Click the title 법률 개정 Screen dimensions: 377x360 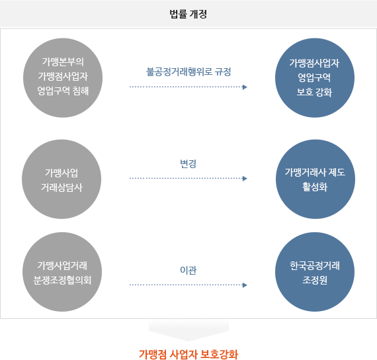click(188, 14)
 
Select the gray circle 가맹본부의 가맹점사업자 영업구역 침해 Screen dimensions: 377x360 click(63, 77)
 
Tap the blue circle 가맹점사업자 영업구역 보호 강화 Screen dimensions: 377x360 click(315, 77)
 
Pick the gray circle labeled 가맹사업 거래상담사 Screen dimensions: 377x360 click(62, 179)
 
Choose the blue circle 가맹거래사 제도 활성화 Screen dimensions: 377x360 click(315, 179)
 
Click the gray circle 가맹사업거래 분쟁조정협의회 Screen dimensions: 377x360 click(62, 272)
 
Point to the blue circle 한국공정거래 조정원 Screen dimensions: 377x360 click(315, 272)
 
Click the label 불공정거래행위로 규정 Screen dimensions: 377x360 click(188, 71)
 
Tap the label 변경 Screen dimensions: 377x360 click(188, 163)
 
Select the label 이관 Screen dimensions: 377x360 click(188, 270)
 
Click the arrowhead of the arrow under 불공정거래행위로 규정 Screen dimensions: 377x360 click(245, 87)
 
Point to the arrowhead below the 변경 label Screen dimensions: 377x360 click(245, 178)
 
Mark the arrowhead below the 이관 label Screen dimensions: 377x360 click(245, 285)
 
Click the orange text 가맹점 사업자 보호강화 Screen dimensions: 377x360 click(188, 354)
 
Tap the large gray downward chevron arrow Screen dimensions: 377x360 click(188, 330)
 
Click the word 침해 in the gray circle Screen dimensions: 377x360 click(81, 91)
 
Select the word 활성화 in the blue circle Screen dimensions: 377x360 click(315, 187)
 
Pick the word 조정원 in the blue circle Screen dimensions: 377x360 click(315, 280)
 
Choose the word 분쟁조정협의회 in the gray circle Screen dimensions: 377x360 click(62, 280)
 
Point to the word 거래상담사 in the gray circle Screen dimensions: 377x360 click(62, 187)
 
